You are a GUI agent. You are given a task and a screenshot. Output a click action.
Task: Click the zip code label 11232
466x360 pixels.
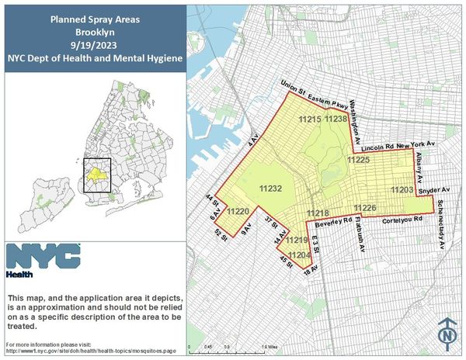(270, 189)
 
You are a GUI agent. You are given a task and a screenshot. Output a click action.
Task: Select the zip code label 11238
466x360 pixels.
(336, 119)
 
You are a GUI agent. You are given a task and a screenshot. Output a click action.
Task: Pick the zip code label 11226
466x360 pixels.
(365, 207)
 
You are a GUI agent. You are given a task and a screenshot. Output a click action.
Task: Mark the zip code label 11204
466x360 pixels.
(299, 254)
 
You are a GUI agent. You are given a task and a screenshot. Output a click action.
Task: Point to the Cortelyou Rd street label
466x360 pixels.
(402, 220)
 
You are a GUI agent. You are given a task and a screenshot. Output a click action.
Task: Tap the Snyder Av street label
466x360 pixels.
(434, 189)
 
